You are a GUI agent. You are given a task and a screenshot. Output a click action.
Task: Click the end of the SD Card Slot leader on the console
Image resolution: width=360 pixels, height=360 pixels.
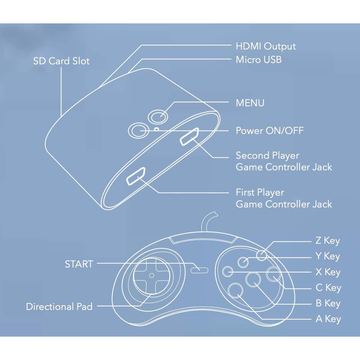(x=61, y=117)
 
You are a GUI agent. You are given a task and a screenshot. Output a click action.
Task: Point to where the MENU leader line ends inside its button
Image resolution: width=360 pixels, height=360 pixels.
(x=160, y=117)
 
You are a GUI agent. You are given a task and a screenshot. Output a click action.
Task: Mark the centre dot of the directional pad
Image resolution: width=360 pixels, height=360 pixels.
(x=152, y=275)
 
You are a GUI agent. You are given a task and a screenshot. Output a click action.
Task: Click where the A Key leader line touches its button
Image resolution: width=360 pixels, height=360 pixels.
(x=238, y=295)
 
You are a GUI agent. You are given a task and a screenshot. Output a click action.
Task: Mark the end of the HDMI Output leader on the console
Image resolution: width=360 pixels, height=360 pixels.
(x=99, y=88)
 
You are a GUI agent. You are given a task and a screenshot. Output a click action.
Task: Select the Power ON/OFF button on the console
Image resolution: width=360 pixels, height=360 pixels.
(x=138, y=131)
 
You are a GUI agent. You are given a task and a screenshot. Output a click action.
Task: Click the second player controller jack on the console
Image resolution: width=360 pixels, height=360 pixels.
(x=189, y=136)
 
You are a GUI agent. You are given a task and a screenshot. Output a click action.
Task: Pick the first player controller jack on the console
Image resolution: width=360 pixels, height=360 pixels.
(x=136, y=176)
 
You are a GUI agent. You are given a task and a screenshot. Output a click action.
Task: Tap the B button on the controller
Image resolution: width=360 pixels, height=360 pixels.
(x=253, y=279)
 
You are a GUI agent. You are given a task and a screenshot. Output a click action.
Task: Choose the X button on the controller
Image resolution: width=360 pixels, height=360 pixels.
(x=228, y=271)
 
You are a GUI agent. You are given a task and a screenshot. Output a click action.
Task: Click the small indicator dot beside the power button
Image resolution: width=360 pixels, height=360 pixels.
(x=157, y=129)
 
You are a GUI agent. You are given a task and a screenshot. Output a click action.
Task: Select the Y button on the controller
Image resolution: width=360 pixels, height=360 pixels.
(x=243, y=262)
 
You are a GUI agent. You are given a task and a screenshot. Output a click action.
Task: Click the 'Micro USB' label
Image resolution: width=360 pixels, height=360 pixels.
(x=259, y=60)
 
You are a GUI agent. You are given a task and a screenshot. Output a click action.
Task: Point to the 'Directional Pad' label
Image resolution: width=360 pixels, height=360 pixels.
(x=59, y=307)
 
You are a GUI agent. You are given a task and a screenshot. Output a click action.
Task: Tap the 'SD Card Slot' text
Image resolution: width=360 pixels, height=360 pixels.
(x=61, y=61)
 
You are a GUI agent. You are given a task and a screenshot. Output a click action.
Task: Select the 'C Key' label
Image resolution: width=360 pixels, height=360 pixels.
(x=328, y=288)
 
